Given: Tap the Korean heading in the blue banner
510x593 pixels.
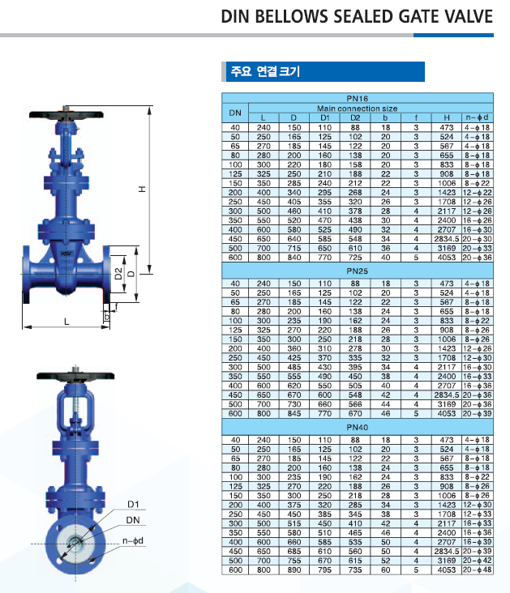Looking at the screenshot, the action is click(x=265, y=71).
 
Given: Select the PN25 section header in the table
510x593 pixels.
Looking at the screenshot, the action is click(x=357, y=271).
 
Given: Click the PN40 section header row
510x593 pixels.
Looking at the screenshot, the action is click(x=357, y=428).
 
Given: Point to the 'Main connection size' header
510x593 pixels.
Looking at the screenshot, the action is click(x=357, y=109).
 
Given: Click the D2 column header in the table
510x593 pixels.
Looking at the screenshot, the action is click(x=355, y=117).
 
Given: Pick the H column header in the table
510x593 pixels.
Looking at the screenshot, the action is click(x=447, y=117).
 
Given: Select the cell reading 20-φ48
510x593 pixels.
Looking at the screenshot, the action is click(x=478, y=570).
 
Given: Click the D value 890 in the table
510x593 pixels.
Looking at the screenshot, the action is click(x=294, y=570).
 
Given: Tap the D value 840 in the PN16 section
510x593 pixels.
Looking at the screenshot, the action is click(x=294, y=258).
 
